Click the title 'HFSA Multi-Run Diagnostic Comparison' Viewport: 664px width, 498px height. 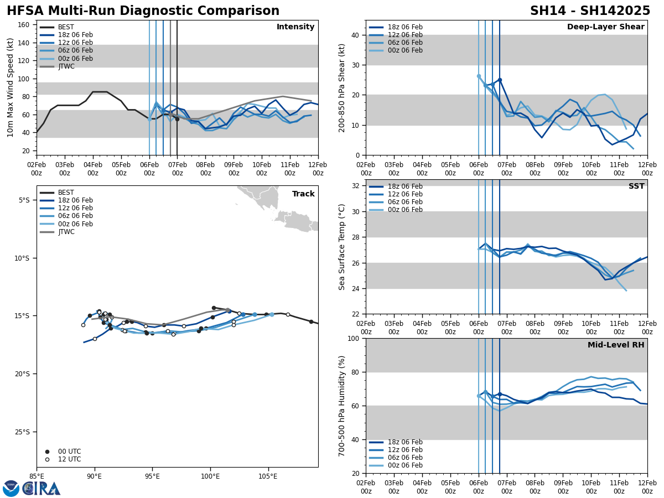[x=143, y=11]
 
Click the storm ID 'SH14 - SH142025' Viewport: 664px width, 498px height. [x=590, y=11]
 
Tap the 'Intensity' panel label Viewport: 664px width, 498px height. [x=295, y=27]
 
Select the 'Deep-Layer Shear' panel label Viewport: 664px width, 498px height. [x=605, y=27]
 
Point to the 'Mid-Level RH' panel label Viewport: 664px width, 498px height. [x=616, y=345]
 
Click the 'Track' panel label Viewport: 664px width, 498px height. [x=303, y=194]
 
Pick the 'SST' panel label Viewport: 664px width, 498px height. [x=636, y=186]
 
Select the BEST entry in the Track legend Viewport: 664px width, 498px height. [x=66, y=193]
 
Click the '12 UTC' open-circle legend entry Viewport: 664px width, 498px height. [x=69, y=459]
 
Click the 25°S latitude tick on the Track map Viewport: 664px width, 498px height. [x=24, y=432]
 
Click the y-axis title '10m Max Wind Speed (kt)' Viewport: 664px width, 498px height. [x=10, y=87]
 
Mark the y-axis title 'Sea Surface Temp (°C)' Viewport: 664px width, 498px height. [x=342, y=247]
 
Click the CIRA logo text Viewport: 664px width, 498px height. [x=42, y=488]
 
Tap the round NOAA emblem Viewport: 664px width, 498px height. [x=11, y=488]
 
